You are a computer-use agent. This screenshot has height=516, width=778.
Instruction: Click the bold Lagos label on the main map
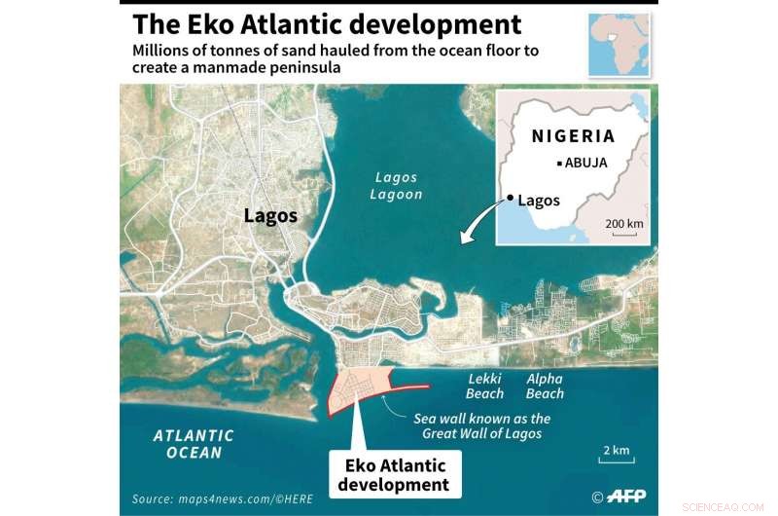click(270, 216)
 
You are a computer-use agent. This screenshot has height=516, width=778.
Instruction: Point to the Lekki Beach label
click(485, 387)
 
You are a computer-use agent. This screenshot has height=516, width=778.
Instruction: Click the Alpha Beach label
click(545, 387)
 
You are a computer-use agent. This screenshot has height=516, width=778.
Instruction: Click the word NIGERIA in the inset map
click(573, 136)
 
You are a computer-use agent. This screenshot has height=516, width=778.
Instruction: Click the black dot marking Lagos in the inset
click(509, 199)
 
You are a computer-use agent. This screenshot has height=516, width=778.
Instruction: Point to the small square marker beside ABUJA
click(559, 164)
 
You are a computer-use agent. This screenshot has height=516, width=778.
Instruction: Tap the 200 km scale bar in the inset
click(624, 232)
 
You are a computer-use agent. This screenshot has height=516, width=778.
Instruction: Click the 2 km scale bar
click(615, 459)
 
